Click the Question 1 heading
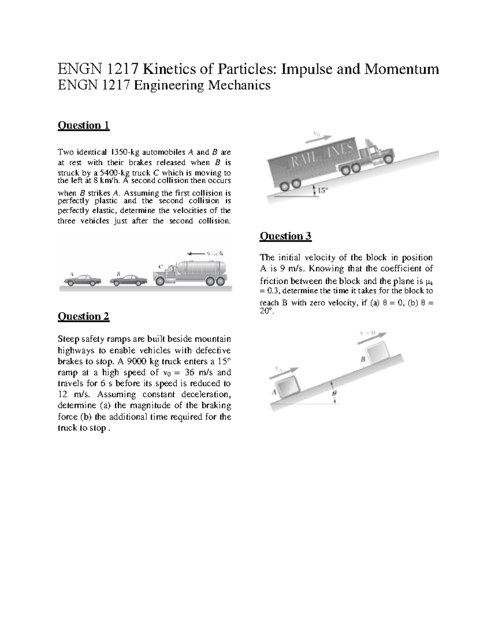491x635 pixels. pos(83,125)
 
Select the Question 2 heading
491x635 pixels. pos(83,316)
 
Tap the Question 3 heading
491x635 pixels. pos(286,236)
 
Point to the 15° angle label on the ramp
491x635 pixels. pos(323,190)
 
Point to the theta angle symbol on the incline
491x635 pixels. pos(334,392)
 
